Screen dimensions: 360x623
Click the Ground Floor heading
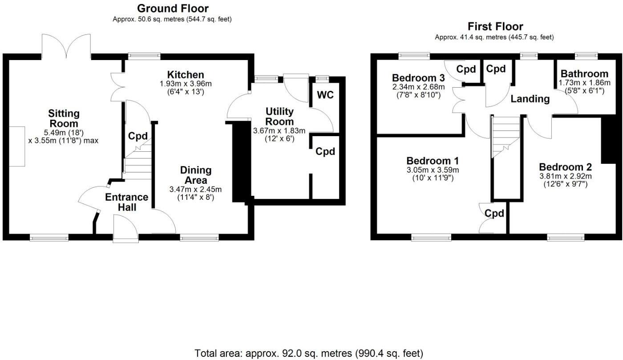point(173,8)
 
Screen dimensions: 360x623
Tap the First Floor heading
point(495,27)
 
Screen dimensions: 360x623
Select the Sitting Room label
point(64,119)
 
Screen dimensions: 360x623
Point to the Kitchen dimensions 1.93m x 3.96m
point(186,84)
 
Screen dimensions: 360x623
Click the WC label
point(325,95)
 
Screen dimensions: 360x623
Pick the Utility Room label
point(279,117)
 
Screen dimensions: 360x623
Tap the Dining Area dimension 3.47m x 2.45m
point(196,189)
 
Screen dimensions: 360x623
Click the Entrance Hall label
point(126,202)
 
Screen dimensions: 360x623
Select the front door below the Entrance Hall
point(125,229)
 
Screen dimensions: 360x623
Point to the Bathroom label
point(584,74)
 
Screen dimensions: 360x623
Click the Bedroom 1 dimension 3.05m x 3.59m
point(433,170)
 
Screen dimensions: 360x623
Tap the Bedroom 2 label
point(565,167)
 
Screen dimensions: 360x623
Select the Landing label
point(530,99)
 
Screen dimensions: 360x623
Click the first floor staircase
point(506,136)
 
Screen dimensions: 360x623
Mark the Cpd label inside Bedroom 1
point(494,214)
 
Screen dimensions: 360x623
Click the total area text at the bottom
point(308,354)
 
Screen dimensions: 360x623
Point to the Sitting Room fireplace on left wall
point(17,146)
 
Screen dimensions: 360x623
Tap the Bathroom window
point(586,56)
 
